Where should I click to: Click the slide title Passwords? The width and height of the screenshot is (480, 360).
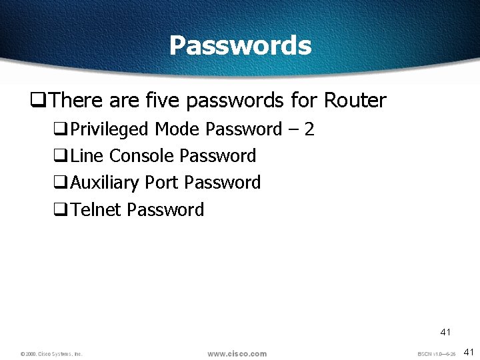(240, 45)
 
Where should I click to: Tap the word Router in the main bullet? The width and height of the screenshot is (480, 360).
(355, 101)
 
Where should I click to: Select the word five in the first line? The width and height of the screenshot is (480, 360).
(163, 101)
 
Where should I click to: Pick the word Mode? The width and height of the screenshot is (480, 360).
(177, 129)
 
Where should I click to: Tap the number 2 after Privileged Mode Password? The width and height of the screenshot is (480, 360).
(308, 129)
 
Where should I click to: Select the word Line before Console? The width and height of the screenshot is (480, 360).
(87, 156)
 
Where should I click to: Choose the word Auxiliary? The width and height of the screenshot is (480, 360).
(105, 183)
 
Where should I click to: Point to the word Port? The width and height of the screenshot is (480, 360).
(162, 183)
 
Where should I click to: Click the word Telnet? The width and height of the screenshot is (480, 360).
(96, 210)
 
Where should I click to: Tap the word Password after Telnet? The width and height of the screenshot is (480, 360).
(165, 210)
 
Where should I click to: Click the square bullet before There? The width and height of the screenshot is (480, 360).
(37, 101)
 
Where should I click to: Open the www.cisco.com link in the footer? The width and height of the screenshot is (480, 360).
(237, 353)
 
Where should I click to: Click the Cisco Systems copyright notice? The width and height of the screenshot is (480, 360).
(51, 354)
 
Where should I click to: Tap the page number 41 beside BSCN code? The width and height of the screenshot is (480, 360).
(468, 352)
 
